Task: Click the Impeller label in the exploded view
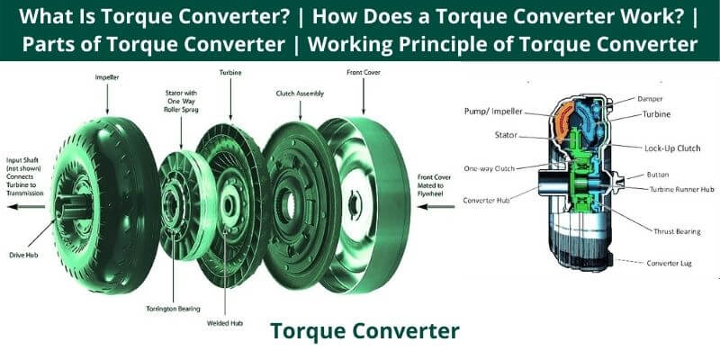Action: pos(107,77)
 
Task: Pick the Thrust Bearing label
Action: pos(675,231)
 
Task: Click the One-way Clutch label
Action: pos(490,168)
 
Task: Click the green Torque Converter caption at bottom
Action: pos(364,331)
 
